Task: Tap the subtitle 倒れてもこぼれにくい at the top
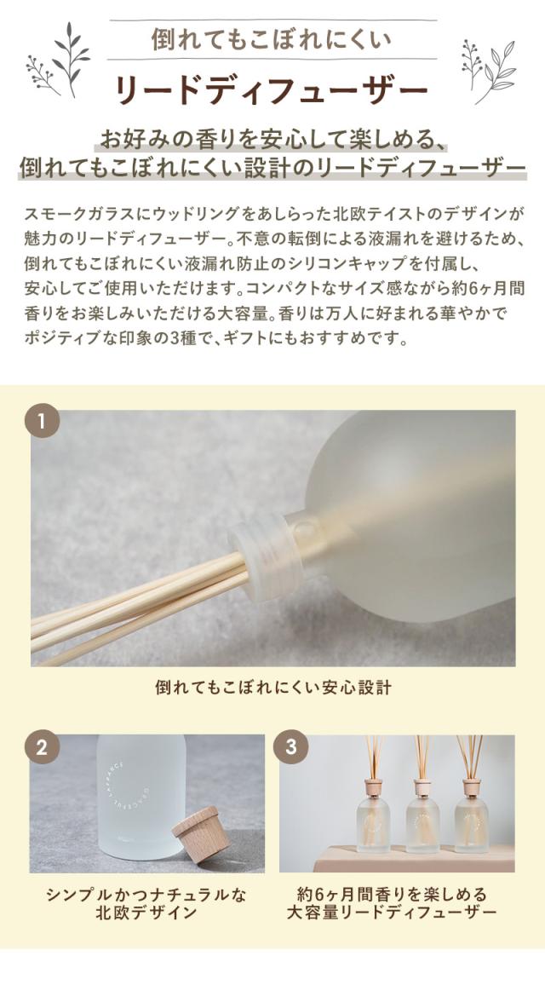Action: click(x=272, y=40)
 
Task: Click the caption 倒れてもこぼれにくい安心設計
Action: click(x=272, y=688)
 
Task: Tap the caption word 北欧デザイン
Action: click(x=146, y=913)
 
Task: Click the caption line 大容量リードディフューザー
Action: click(x=396, y=913)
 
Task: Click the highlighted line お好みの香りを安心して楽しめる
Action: click(x=272, y=139)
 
